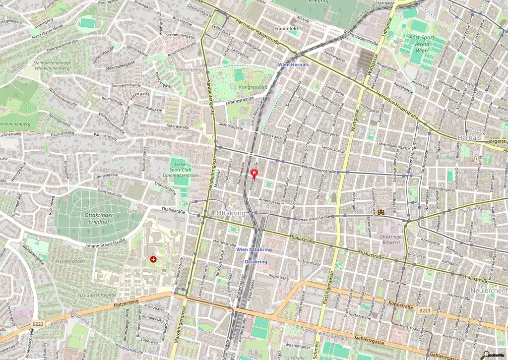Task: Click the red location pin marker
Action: (255, 174)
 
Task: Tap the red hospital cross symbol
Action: (153, 259)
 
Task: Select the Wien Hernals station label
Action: (293, 65)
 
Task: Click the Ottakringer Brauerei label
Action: (392, 240)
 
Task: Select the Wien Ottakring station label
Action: (254, 249)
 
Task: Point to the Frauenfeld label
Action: (286, 29)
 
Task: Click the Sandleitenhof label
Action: (190, 71)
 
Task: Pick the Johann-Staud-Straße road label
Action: (105, 243)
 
